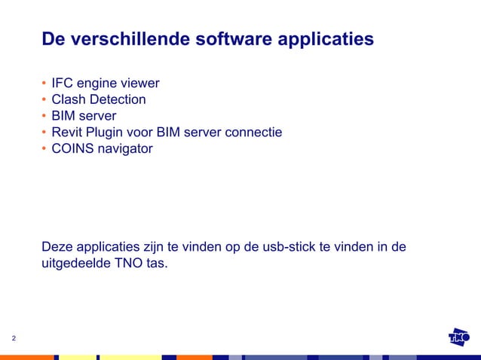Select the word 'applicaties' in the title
[x=326, y=39]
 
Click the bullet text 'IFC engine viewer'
[x=106, y=83]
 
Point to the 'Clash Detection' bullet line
[x=99, y=99]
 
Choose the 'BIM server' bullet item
[x=84, y=116]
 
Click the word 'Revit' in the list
[x=66, y=133]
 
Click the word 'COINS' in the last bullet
[x=71, y=149]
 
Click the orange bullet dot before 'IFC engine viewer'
[x=44, y=83]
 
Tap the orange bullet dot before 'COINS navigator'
[x=44, y=149]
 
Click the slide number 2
[x=14, y=339]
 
